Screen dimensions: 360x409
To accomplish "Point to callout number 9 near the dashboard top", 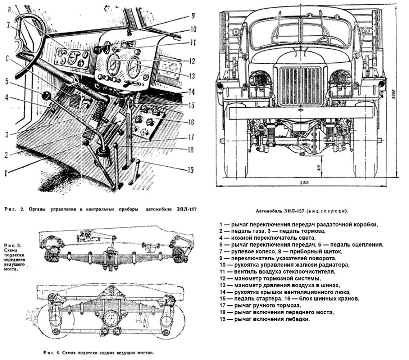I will tap(192, 16).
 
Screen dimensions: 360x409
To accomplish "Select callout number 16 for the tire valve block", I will tap(191, 122).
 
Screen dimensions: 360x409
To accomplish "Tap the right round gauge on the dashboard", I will tap(133, 67).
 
